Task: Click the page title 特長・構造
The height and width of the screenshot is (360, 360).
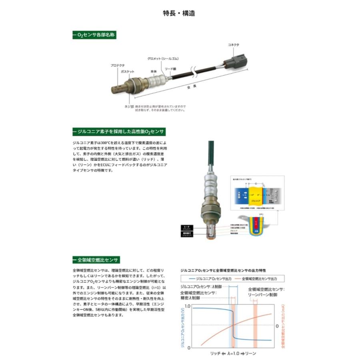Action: pos(180,13)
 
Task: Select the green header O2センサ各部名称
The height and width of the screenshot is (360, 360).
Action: pos(94,36)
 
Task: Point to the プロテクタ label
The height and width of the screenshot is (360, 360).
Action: pos(118,65)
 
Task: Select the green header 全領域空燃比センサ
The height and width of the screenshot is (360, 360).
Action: pos(96,260)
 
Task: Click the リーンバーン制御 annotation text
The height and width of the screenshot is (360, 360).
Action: pos(262,295)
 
